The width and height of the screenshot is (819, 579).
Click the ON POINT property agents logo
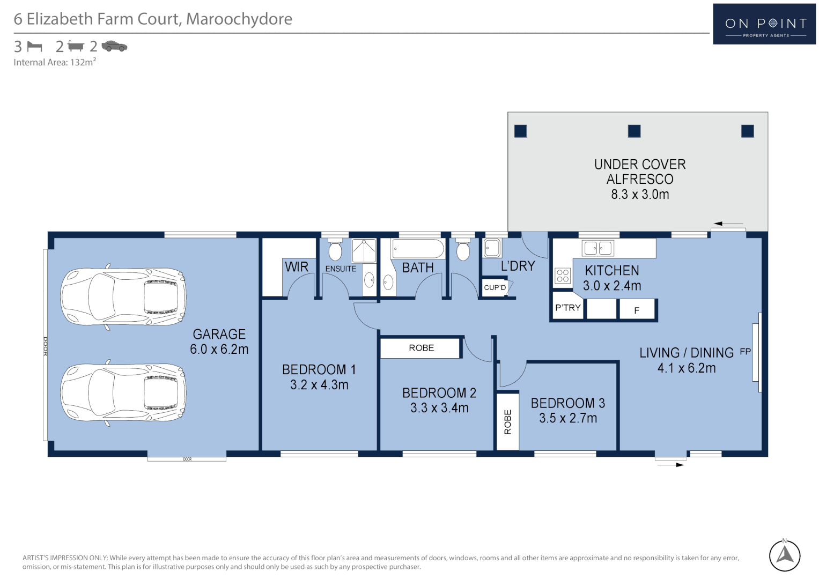click(x=764, y=24)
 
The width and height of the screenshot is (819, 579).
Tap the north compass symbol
click(x=785, y=555)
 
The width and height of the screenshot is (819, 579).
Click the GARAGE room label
click(x=219, y=334)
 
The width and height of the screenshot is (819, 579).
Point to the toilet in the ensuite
click(x=335, y=250)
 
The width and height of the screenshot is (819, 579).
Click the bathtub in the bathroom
click(x=418, y=249)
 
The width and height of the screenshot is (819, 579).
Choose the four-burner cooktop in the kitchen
click(x=563, y=276)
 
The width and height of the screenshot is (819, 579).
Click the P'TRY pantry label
click(x=567, y=308)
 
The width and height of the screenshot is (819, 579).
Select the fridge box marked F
click(x=637, y=310)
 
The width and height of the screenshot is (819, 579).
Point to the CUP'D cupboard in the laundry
click(x=495, y=288)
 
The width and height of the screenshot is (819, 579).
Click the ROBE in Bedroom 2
click(x=421, y=348)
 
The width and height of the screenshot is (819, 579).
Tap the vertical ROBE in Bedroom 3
click(x=507, y=421)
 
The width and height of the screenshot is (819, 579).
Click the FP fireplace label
click(x=745, y=352)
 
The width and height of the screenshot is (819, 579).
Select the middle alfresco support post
click(x=634, y=131)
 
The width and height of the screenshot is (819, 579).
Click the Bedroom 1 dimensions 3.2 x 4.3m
click(x=319, y=385)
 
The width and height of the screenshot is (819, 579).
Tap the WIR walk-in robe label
click(x=296, y=266)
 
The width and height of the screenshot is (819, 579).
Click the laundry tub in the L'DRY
click(x=492, y=248)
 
